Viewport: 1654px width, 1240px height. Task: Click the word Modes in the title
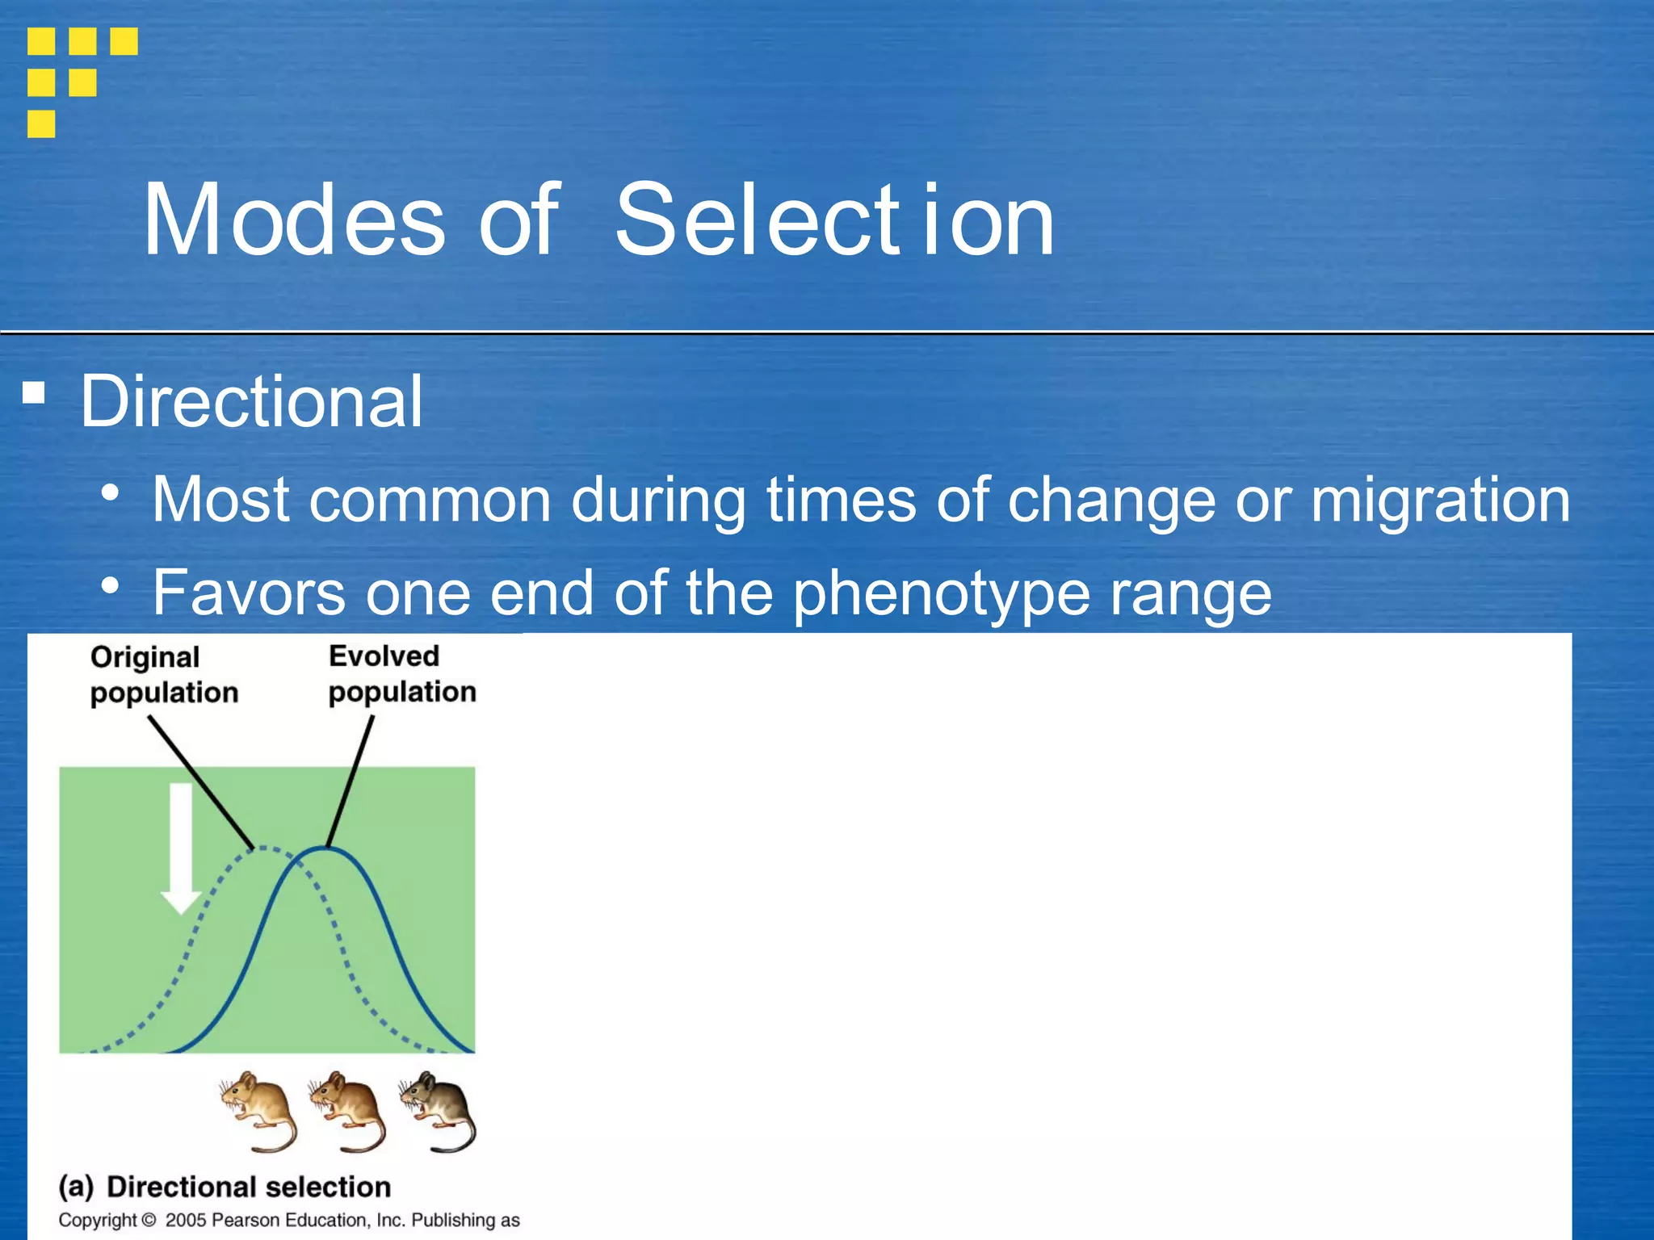[293, 220]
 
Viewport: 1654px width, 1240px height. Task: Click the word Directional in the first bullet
[251, 401]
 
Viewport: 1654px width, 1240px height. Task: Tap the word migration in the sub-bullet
[1440, 500]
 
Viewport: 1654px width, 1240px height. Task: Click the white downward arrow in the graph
[181, 848]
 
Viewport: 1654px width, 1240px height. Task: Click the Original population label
[164, 675]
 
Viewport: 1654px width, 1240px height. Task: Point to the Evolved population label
[401, 674]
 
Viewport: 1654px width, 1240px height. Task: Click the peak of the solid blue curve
[325, 848]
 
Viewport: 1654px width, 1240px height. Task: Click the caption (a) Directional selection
[225, 1187]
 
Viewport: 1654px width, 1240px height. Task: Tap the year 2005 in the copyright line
[185, 1220]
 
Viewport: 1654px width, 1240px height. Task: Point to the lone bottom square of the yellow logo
[41, 124]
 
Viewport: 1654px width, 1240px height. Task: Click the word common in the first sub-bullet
[430, 500]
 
